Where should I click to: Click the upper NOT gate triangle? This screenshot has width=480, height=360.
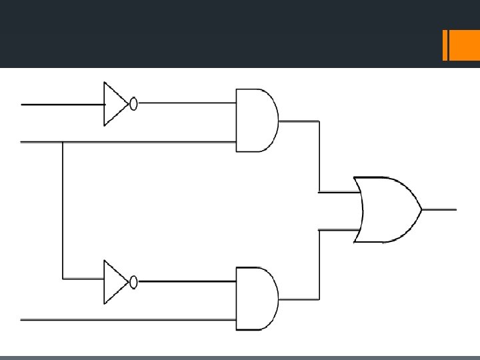click(x=113, y=104)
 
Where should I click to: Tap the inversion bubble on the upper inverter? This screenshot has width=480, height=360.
click(x=133, y=104)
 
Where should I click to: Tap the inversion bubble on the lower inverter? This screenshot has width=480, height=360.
click(x=133, y=282)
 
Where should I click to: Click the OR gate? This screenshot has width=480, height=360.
click(x=387, y=209)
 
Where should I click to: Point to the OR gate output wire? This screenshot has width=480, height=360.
click(x=440, y=209)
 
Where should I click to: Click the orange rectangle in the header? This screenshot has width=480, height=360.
click(x=460, y=47)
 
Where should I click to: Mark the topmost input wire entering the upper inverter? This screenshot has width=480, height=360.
click(x=60, y=104)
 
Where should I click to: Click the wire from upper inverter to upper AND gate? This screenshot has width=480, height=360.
click(x=187, y=103)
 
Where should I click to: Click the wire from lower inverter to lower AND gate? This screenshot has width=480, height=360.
click(x=187, y=281)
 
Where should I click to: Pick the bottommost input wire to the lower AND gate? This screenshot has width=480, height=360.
click(x=127, y=320)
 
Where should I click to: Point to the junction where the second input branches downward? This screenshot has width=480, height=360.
click(x=63, y=142)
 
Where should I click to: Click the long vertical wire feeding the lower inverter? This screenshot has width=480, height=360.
click(x=63, y=213)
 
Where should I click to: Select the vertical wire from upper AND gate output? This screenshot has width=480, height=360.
click(x=319, y=157)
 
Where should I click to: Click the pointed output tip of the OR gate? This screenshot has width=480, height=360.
click(x=421, y=209)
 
